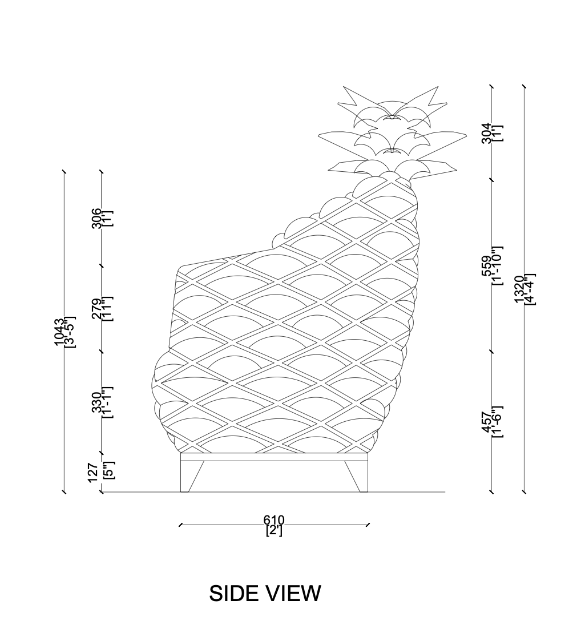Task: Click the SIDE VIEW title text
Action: tap(265, 594)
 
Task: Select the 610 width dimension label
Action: tap(273, 519)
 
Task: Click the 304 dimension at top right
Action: tap(486, 133)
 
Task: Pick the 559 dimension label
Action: tap(486, 266)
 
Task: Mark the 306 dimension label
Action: tap(97, 219)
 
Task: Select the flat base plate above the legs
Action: tap(274, 457)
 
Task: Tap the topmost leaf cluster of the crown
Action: tap(392, 106)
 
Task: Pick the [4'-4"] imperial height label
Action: tap(529, 289)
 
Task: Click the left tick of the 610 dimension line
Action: tap(180, 524)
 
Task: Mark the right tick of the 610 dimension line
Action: tap(368, 524)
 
